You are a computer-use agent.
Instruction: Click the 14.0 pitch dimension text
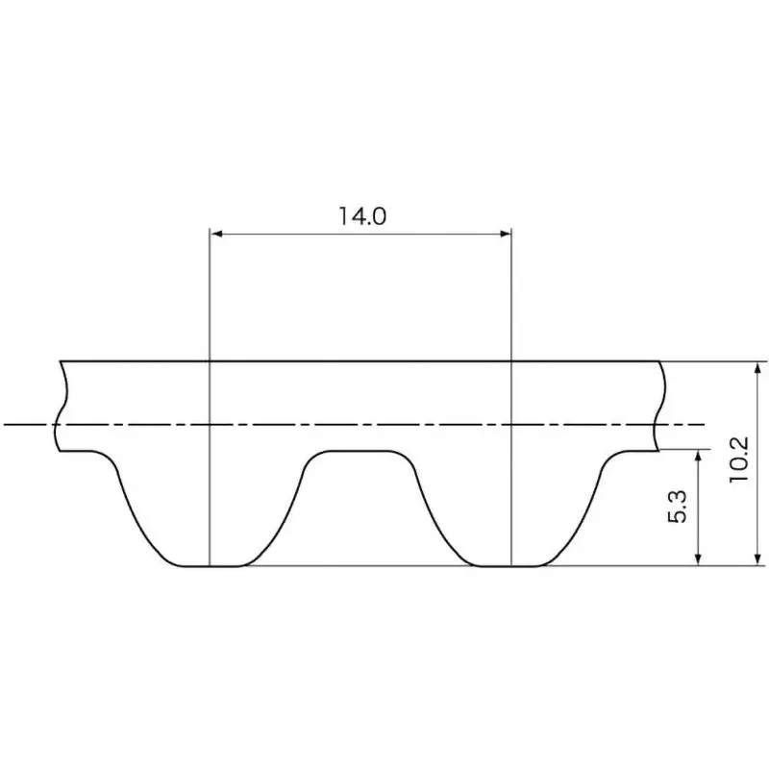click(361, 215)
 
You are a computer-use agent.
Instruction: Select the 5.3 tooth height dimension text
click(679, 506)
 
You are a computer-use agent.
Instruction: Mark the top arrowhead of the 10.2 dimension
click(759, 368)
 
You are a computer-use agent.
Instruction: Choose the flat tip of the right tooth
click(512, 565)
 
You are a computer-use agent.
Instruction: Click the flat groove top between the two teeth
click(361, 450)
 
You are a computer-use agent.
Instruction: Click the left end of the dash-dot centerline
click(8, 424)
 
